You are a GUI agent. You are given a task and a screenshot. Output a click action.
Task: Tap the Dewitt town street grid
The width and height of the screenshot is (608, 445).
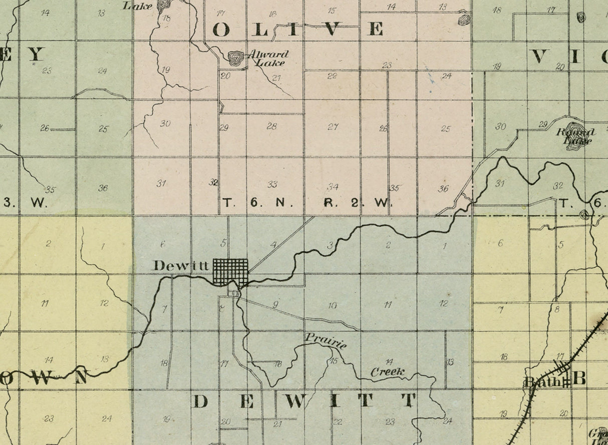coord(231,272)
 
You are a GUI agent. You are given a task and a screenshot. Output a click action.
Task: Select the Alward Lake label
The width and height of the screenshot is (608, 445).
coord(270,58)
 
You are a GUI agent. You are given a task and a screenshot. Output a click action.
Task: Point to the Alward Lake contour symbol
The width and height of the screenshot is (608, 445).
coord(235,58)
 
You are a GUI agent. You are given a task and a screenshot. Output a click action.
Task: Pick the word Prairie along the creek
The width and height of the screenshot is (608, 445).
coord(326,340)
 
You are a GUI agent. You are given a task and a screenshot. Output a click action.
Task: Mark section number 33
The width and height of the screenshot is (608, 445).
coord(272,185)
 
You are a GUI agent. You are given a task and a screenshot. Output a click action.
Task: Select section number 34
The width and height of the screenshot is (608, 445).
coord(333,187)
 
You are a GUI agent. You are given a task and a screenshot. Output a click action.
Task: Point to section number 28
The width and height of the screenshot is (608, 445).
coord(271,126)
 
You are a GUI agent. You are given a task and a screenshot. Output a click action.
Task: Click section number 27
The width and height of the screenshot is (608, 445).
coord(333,127)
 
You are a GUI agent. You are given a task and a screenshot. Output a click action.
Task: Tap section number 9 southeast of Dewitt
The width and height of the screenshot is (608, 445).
coord(275,304)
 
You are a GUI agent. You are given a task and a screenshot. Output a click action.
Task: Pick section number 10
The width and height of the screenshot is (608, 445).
coord(333,305)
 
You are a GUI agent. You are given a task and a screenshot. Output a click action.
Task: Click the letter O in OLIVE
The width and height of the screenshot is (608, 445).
coord(221,30)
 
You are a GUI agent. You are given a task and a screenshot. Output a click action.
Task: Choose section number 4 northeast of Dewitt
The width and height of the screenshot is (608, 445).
coord(273,245)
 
